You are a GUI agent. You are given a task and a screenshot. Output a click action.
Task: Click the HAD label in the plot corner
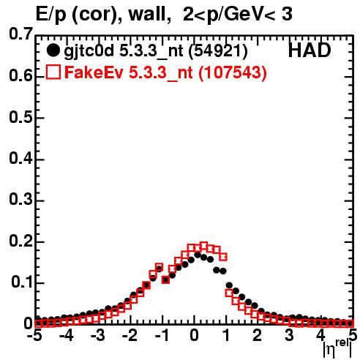tap(310, 50)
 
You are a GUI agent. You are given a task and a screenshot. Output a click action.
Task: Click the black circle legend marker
tap(53, 50)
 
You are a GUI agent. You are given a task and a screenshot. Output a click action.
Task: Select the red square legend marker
tap(53, 72)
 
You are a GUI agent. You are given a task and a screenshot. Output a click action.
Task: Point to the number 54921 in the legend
tap(218, 50)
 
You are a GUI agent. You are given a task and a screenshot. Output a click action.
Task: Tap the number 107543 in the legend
tap(233, 72)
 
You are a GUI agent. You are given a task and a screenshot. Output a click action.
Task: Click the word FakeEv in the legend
tap(94, 72)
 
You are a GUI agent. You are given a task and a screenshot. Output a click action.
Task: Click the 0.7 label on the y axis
tap(21, 34)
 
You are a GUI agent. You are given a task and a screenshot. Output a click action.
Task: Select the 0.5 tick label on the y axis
tap(21, 117)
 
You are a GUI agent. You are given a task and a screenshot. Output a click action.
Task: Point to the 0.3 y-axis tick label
tap(21, 199)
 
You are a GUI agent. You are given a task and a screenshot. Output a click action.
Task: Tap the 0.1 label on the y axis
tap(22, 282)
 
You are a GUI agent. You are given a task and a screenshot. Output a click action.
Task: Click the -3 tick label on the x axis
tap(98, 335)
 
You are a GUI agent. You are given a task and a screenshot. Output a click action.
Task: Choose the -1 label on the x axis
tap(162, 335)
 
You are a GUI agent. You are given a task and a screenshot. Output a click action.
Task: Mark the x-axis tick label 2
tap(257, 335)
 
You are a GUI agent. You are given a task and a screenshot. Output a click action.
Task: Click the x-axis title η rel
tap(338, 348)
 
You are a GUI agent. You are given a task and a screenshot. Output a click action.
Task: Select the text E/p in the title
tap(51, 15)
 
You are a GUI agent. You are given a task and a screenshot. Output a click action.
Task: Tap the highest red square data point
tap(203, 246)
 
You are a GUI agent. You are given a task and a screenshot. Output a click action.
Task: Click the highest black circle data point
tap(198, 255)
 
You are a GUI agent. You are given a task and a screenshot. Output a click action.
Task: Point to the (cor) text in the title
tap(94, 15)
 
